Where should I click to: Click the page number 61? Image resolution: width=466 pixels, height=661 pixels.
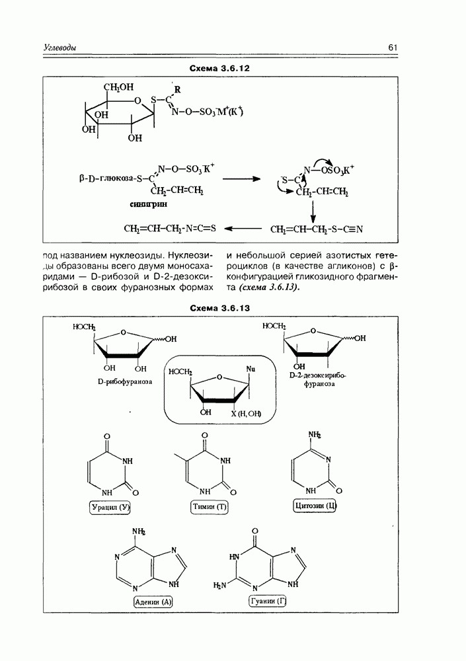(x=393, y=47)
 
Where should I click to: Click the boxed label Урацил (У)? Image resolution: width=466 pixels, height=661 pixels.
(x=110, y=507)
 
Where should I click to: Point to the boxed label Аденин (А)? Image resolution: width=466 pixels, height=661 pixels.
(x=152, y=601)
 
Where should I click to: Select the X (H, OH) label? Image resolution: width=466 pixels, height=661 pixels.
(x=247, y=414)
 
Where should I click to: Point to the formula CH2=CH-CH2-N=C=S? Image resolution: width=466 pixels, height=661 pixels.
(x=170, y=229)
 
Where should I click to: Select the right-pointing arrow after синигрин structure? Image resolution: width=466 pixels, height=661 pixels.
(x=241, y=178)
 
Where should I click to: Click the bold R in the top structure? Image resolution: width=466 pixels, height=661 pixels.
(x=176, y=89)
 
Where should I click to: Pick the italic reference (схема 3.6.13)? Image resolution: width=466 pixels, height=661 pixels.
(x=262, y=289)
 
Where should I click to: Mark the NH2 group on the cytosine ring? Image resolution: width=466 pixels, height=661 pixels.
(x=313, y=434)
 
